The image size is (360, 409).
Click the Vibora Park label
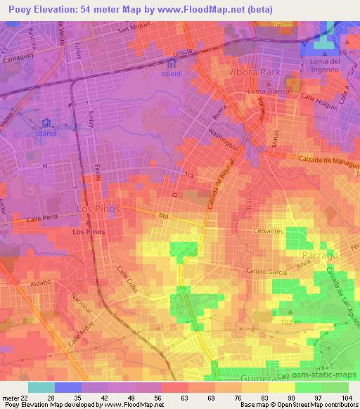[x=254, y=72]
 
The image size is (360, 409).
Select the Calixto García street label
[x=266, y=271]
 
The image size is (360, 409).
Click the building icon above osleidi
[x=174, y=64]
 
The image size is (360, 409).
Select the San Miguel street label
[x=134, y=29]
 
